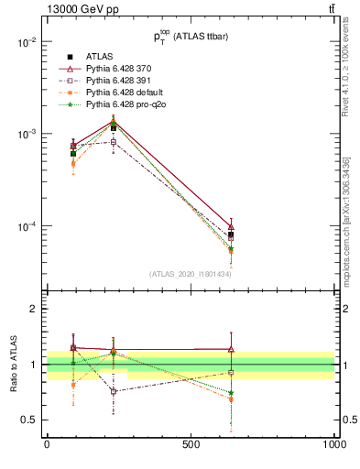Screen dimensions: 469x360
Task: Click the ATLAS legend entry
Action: (101, 56)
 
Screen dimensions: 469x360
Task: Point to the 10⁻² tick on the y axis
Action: (26, 42)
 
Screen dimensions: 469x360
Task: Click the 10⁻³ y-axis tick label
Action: (26, 134)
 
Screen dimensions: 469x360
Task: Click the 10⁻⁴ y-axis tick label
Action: (26, 226)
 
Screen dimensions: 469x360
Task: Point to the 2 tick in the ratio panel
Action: (33, 310)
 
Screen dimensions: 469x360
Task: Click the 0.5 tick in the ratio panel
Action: (29, 420)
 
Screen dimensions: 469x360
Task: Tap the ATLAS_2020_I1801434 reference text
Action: (191, 274)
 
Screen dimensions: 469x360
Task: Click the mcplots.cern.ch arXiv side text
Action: (347, 215)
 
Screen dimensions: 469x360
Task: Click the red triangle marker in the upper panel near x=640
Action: (231, 226)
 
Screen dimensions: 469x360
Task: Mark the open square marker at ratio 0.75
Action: (114, 391)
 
